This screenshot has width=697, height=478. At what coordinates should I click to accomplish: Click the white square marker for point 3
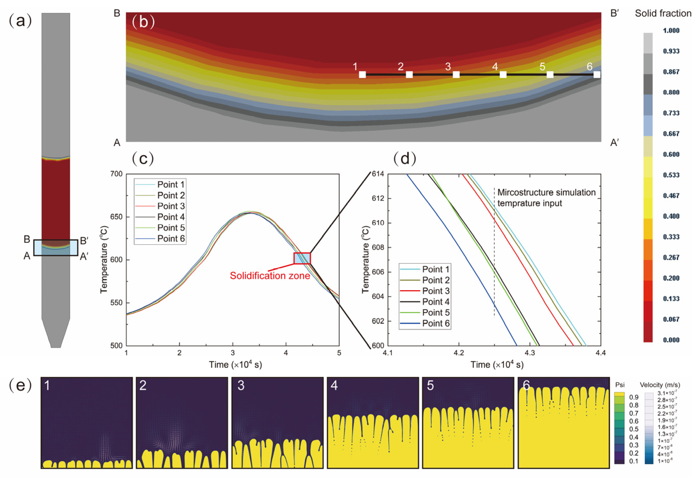click(x=456, y=74)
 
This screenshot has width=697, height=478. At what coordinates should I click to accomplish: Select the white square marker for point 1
click(x=362, y=74)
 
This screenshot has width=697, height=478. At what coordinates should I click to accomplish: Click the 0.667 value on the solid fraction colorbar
click(x=671, y=134)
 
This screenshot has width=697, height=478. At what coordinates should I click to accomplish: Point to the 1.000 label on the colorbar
click(x=671, y=31)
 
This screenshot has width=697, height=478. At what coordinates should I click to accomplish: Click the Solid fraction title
click(x=663, y=14)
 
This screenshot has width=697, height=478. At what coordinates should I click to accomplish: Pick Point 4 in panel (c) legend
click(x=171, y=217)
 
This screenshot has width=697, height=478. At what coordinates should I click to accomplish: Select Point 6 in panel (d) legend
click(x=436, y=323)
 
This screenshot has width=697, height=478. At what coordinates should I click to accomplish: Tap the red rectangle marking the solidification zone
click(x=302, y=258)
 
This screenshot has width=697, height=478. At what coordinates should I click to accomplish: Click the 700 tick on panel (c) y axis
click(x=117, y=174)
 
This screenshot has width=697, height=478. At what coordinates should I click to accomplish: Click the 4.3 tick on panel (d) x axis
click(x=530, y=353)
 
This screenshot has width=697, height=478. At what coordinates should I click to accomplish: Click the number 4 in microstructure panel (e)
click(x=334, y=386)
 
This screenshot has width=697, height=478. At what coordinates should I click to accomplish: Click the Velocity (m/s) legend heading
click(x=660, y=385)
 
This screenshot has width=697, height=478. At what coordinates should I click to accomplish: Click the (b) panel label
click(x=143, y=21)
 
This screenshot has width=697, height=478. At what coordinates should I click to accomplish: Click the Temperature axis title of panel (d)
click(x=365, y=259)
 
